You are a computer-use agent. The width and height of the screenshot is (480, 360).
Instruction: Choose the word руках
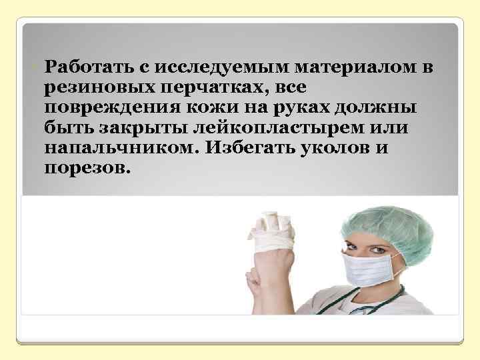tap(287, 107)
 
